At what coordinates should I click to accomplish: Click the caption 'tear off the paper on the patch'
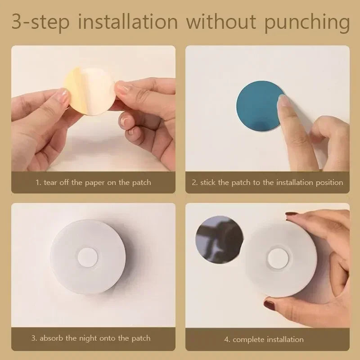pyautogui.click(x=94, y=183)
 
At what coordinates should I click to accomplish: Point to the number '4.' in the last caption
pyautogui.click(x=227, y=339)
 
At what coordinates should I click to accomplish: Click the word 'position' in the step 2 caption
pyautogui.click(x=328, y=183)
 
